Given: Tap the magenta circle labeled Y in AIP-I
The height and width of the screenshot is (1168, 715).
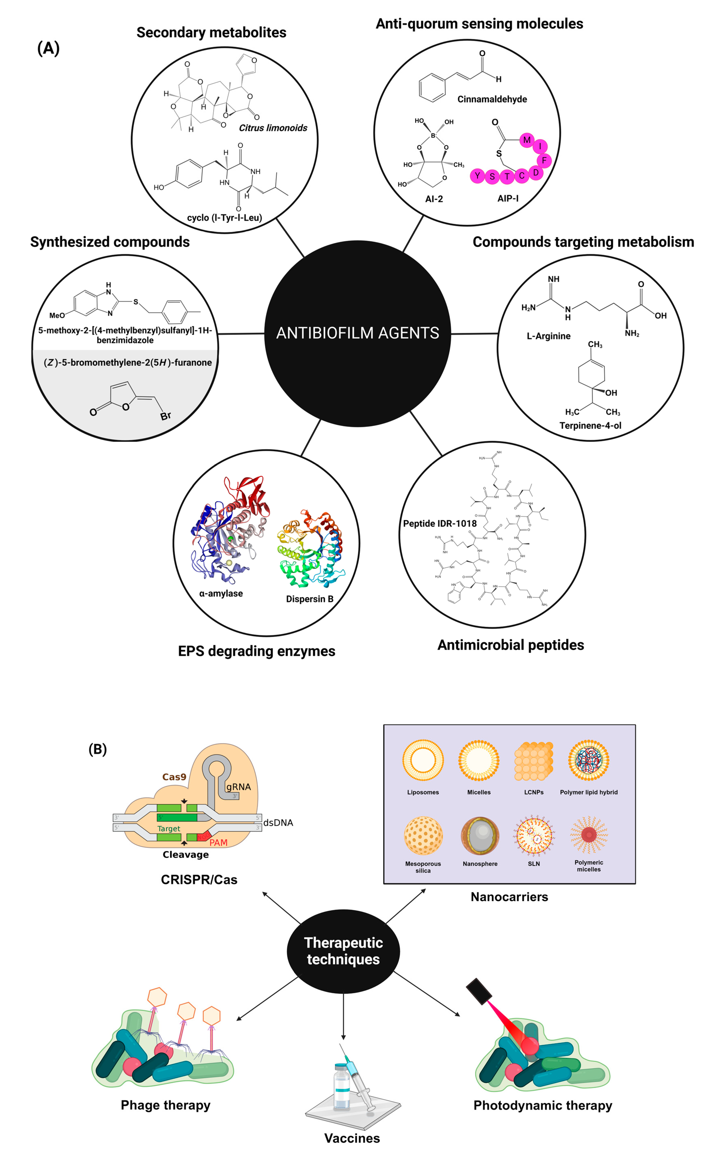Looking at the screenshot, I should [x=477, y=176].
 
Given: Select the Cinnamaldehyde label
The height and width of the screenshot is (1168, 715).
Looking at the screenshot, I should [x=492, y=99].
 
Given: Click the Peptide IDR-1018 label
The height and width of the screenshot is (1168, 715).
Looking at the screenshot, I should [x=440, y=523].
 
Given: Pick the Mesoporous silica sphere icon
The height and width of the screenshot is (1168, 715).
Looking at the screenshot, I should [x=423, y=835].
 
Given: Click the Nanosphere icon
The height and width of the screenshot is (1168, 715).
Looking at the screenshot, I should [x=480, y=835].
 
